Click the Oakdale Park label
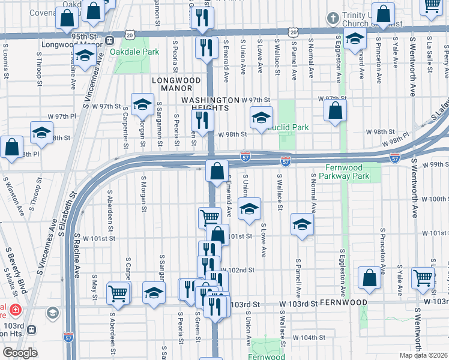(134, 52)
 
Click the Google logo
(20, 353)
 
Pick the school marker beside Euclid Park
(261, 118)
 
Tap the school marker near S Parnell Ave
(302, 225)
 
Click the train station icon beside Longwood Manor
(110, 41)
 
